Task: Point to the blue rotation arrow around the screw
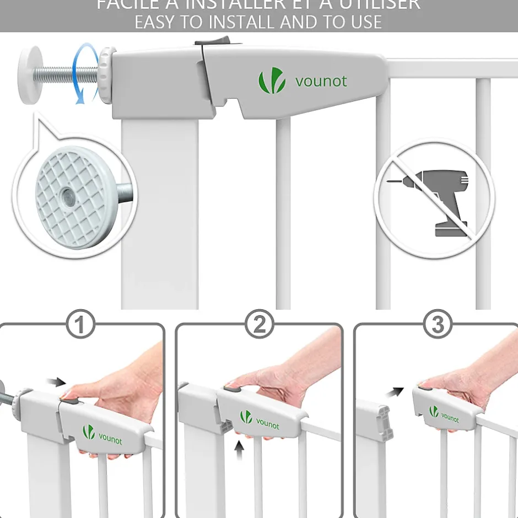(83, 75)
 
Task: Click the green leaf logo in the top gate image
(272, 81)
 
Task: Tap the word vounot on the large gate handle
(321, 82)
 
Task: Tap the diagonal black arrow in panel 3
(395, 392)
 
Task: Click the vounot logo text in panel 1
(110, 439)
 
